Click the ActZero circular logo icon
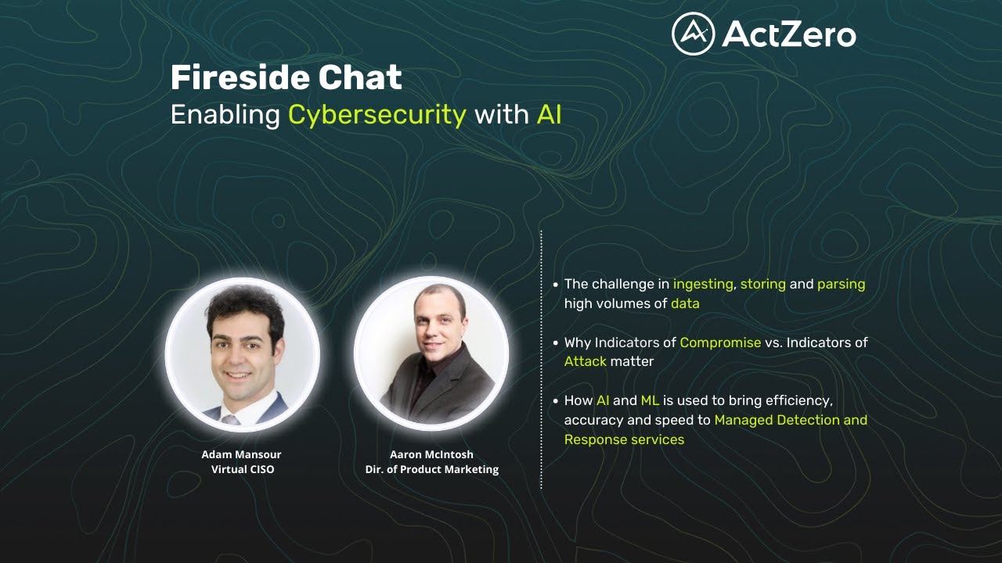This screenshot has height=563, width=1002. coord(693,34)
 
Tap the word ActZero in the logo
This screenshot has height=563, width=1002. coord(789,34)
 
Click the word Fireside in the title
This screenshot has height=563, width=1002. coord(232,77)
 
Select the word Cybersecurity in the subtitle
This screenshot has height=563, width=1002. coord(377,115)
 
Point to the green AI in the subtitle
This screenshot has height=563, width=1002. coord(549,115)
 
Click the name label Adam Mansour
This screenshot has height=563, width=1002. coord(241,454)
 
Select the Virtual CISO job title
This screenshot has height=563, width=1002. coord(243,469)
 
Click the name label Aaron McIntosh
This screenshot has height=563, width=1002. coord(431,454)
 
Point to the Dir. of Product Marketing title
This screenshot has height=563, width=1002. coord(431,469)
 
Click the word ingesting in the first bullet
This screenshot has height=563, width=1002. coord(703,284)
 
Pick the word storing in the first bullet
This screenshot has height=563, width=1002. coord(762,284)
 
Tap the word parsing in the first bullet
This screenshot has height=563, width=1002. coord(841,284)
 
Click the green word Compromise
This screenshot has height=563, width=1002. coord(720,342)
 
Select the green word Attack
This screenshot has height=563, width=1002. coord(585,361)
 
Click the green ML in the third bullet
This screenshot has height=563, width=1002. coord(650,400)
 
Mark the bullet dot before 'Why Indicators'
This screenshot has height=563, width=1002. coord(556,342)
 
